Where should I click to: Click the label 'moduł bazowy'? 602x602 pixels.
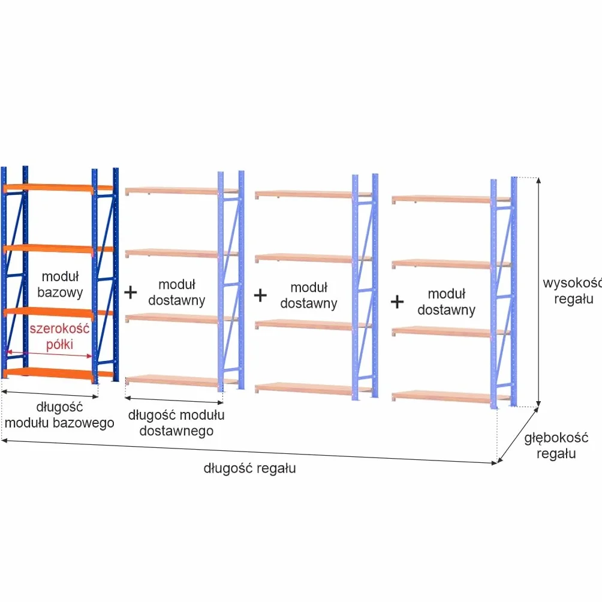click(60, 284)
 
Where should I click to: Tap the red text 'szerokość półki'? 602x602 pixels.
click(59, 336)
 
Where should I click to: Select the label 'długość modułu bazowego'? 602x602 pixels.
click(59, 415)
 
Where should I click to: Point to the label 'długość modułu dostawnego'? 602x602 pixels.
click(176, 423)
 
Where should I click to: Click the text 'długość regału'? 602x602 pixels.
click(249, 468)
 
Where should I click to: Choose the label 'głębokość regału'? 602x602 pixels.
click(556, 446)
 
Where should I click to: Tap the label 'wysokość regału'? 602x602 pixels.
click(573, 291)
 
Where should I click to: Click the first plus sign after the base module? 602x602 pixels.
click(131, 292)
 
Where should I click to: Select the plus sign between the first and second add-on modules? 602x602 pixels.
click(260, 295)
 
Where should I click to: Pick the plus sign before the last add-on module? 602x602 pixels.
click(397, 302)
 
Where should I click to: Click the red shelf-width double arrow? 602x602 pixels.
click(50, 354)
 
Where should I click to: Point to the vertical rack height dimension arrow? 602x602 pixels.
click(538, 292)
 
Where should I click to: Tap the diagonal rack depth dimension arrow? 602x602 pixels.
click(517, 435)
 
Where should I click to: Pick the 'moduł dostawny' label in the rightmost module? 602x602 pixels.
click(446, 302)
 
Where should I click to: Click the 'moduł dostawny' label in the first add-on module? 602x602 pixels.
click(177, 292)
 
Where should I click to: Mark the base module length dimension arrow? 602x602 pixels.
click(50, 394)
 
